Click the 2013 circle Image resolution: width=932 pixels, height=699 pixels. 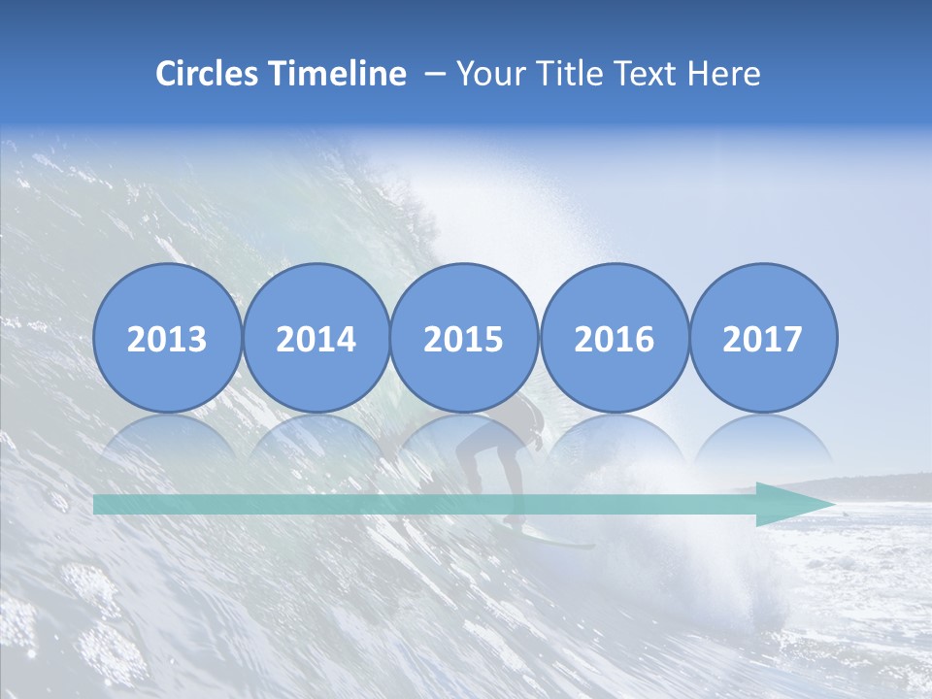(x=167, y=338)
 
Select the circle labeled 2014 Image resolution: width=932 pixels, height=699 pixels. (x=316, y=338)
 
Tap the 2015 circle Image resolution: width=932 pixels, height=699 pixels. (x=464, y=338)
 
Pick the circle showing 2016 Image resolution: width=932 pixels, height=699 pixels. (x=614, y=338)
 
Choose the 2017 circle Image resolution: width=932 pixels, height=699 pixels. (x=763, y=338)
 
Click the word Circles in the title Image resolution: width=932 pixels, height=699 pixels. (x=208, y=74)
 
